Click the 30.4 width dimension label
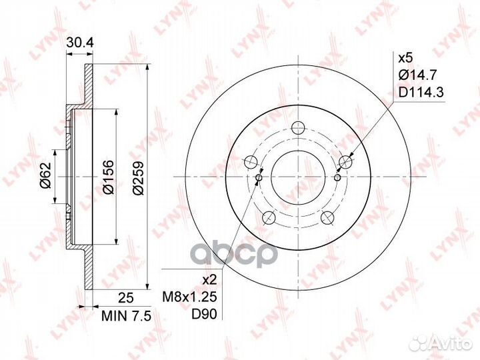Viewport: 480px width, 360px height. click(80, 43)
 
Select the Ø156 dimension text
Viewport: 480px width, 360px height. click(109, 177)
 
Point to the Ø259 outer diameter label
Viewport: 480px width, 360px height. click(139, 177)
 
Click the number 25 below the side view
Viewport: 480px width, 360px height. click(126, 297)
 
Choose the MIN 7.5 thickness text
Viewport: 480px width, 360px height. click(127, 316)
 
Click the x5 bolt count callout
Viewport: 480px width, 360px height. click(405, 57)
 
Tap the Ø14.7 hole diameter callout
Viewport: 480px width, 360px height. click(417, 75)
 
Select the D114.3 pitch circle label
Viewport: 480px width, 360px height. click(421, 92)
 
